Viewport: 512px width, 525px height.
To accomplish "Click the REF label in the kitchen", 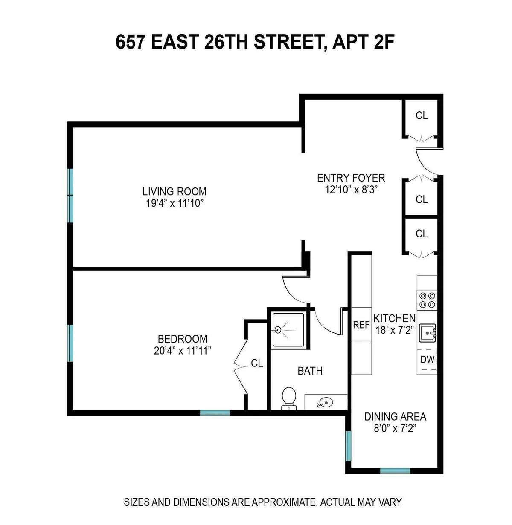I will coord(361,325).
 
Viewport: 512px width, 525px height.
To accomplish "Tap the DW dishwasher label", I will coord(427,359).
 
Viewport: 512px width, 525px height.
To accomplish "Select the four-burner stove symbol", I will coord(427,299).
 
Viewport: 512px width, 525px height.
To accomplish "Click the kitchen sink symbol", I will coord(427,333).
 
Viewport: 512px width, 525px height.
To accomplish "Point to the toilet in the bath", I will coord(289,398).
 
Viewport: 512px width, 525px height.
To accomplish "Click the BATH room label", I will coord(310,371).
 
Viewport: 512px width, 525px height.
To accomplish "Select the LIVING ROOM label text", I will coord(175,191).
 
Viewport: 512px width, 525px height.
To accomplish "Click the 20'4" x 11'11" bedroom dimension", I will coord(183,351).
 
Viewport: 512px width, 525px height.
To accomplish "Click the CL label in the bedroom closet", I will coord(257,363).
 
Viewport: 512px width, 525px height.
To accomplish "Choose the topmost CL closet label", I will coord(422,115).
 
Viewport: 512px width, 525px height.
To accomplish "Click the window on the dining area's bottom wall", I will coord(395,471).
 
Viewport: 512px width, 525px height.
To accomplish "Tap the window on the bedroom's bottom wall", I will coord(215,412).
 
